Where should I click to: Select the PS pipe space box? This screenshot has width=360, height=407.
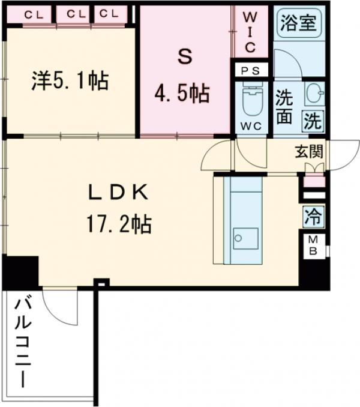[x=250, y=70]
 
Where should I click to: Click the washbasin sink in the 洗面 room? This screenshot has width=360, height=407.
[x=314, y=94]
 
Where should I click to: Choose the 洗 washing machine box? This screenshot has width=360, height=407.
[x=313, y=121]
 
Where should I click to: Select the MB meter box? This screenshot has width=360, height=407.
[x=313, y=246]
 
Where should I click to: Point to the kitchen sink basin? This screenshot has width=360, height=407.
[x=245, y=238]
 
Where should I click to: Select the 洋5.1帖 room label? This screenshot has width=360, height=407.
[x=70, y=81]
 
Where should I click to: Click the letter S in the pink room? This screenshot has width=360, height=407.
[x=184, y=58]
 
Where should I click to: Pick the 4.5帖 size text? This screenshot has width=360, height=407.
[x=184, y=94]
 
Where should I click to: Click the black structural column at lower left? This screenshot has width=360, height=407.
[x=20, y=271]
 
